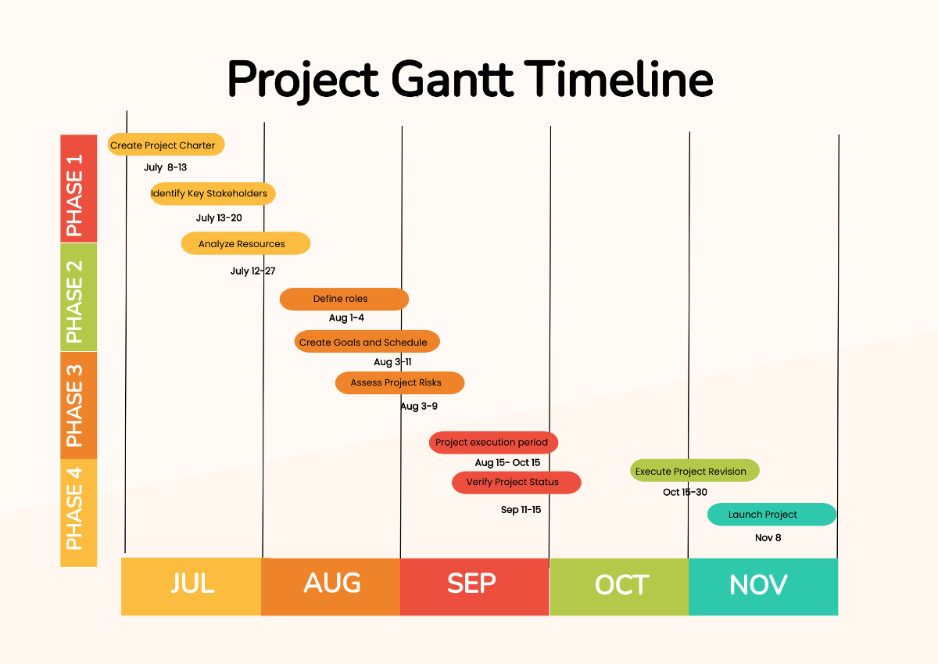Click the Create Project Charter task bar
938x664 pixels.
coord(166,145)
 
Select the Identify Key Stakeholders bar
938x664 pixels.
coord(213,194)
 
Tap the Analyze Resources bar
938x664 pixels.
coord(245,244)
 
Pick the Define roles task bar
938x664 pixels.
coord(344,299)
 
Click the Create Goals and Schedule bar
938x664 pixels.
coord(367,342)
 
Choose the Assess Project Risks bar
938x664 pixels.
coord(399,383)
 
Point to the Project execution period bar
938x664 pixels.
coord(493,443)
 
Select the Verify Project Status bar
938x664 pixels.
coord(516,483)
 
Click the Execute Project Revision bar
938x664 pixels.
coord(694,471)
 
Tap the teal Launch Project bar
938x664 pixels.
coord(772,515)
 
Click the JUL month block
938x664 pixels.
coord(192,586)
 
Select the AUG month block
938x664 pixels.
coord(331,586)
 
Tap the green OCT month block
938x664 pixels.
coord(619,586)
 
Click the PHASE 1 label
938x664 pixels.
coord(78,188)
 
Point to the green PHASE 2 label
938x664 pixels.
coord(78,296)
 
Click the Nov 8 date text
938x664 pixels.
coord(768,538)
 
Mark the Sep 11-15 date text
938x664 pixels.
coord(521,510)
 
